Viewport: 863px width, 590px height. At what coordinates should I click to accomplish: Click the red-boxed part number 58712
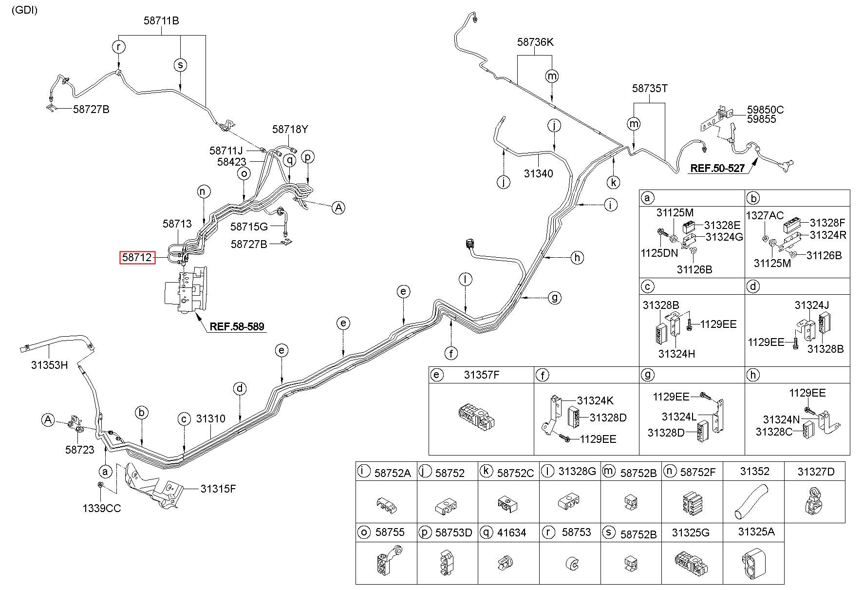tap(137, 257)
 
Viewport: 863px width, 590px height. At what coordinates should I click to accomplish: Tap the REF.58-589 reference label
tap(237, 326)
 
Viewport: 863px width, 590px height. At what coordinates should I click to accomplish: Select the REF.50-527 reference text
tap(717, 169)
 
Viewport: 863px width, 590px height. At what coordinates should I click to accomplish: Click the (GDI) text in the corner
tap(24, 10)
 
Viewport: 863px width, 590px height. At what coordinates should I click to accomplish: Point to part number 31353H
tap(49, 365)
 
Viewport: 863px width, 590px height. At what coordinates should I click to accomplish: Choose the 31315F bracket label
tap(218, 488)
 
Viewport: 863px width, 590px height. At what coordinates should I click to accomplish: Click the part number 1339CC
tap(101, 508)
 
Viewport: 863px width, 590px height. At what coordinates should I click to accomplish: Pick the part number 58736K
tap(535, 42)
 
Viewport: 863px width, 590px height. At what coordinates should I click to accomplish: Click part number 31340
tap(538, 173)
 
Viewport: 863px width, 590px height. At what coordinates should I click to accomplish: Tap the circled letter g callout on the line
tap(555, 297)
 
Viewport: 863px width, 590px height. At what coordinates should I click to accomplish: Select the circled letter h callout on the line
tap(577, 257)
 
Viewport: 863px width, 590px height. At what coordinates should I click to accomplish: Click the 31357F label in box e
tap(481, 375)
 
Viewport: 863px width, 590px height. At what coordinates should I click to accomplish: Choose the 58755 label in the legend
tap(390, 532)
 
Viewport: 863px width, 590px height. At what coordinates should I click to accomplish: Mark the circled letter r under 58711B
tap(118, 47)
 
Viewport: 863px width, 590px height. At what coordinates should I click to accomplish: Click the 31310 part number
tap(210, 419)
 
